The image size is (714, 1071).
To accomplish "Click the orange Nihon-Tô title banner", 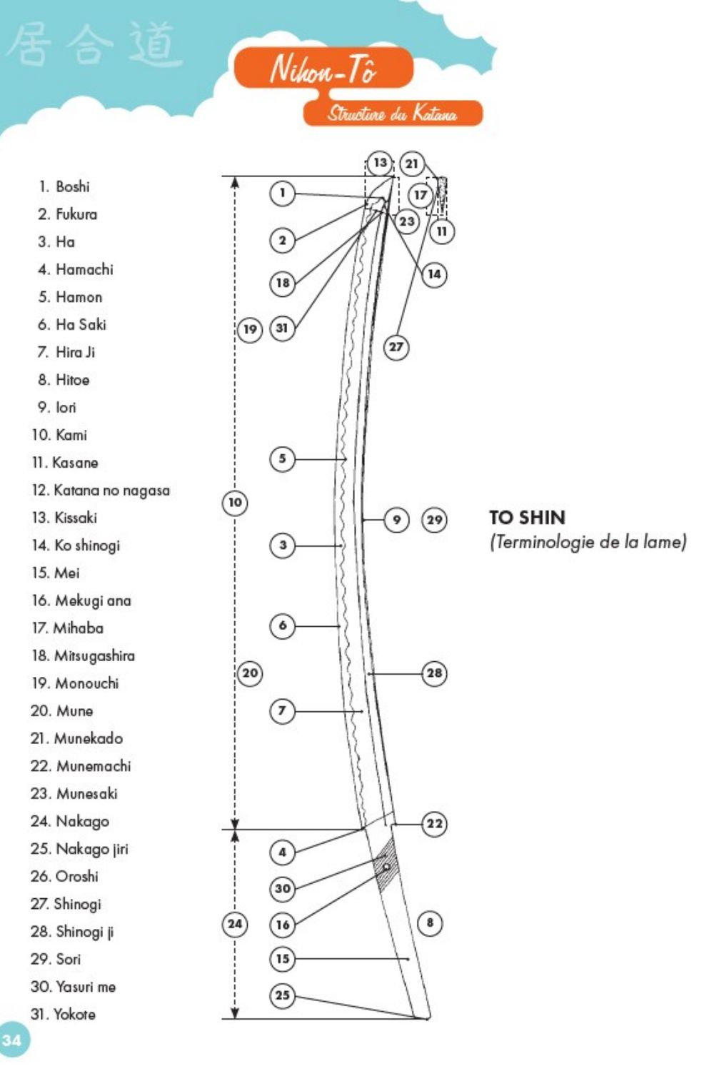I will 323,69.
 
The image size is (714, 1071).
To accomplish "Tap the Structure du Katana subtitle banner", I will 393,114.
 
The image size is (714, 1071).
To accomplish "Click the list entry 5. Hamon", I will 70,297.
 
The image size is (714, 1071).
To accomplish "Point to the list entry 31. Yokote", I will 63,1014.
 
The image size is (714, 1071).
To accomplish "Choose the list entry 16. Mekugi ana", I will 81,600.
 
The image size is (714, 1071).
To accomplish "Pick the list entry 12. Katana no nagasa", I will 101,491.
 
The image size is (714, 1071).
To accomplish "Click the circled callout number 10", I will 235,503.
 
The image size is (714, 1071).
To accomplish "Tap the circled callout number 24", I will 235,924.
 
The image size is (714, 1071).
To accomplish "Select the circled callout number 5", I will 283,458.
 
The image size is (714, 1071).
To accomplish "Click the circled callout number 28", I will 434,673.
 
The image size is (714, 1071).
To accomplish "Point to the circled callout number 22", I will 434,823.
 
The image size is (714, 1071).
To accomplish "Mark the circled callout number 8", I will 430,922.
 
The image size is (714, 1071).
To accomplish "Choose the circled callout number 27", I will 396,347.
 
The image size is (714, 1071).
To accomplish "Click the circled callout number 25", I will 283,995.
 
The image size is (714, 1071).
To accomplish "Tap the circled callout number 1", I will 283,193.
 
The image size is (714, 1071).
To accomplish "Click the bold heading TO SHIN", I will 527,518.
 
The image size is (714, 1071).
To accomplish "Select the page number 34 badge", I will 11,1040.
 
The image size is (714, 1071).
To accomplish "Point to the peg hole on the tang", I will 386,867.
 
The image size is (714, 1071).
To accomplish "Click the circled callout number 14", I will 434,274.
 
